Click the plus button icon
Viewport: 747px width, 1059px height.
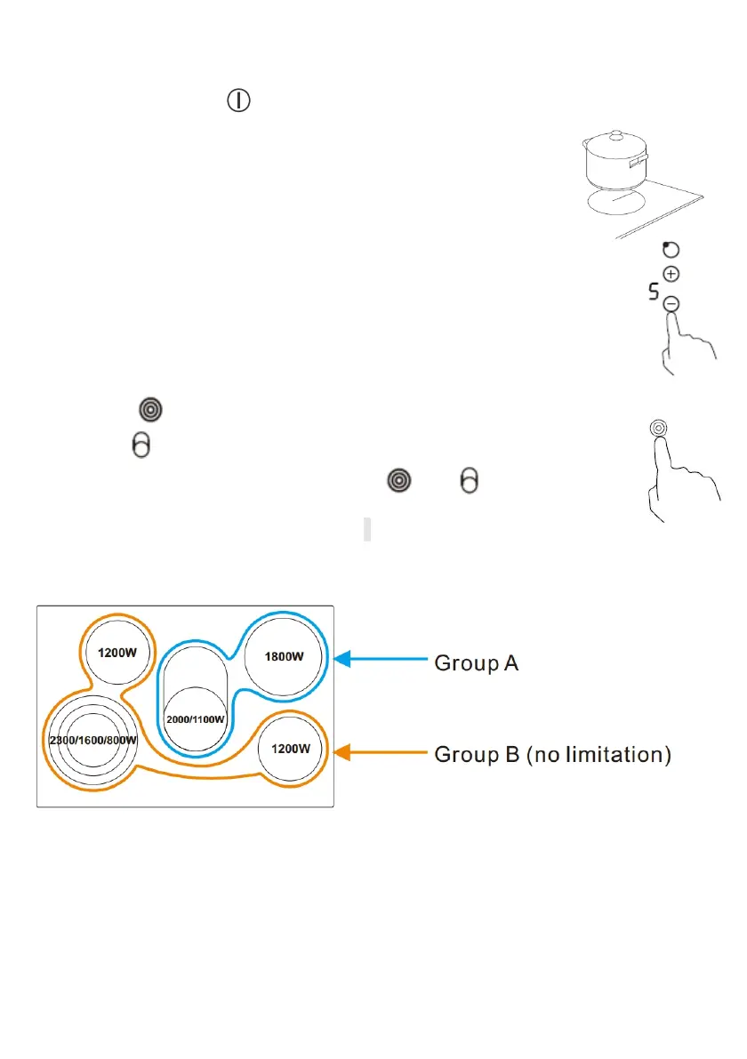671,275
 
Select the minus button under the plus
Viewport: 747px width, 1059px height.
672,304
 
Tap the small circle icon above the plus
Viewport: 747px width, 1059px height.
671,251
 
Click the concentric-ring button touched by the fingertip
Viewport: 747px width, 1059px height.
657,428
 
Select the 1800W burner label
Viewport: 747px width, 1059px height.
285,657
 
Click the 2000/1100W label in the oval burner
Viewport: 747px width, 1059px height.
196,718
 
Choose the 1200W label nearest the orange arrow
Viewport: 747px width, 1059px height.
291,748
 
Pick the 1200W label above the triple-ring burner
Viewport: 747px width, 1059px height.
117,652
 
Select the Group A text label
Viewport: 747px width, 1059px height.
476,662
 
